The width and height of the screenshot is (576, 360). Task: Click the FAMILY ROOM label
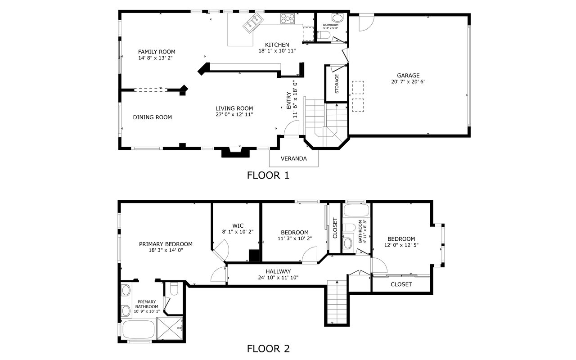157,52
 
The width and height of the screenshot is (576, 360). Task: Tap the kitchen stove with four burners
288,18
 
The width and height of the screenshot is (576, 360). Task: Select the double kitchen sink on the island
253,23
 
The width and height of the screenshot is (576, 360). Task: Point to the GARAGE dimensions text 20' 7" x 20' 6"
408,82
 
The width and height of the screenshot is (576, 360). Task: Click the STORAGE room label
337,84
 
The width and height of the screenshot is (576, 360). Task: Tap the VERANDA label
294,159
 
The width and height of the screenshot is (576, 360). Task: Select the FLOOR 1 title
268,175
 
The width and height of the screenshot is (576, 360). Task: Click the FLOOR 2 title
268,349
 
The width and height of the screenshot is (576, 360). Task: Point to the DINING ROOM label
153,117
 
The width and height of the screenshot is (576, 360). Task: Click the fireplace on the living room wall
235,152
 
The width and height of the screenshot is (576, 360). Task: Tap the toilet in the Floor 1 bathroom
324,35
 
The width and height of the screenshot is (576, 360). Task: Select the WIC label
238,226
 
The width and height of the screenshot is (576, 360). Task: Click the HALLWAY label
278,271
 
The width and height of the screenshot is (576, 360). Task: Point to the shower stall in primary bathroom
170,328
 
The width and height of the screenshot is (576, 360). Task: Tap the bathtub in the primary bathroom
139,330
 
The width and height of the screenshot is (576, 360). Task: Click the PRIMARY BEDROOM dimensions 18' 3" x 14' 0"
166,250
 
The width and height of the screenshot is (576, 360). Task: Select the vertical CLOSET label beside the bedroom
335,228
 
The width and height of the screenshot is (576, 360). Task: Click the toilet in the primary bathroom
174,289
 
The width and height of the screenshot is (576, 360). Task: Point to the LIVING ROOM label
234,108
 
